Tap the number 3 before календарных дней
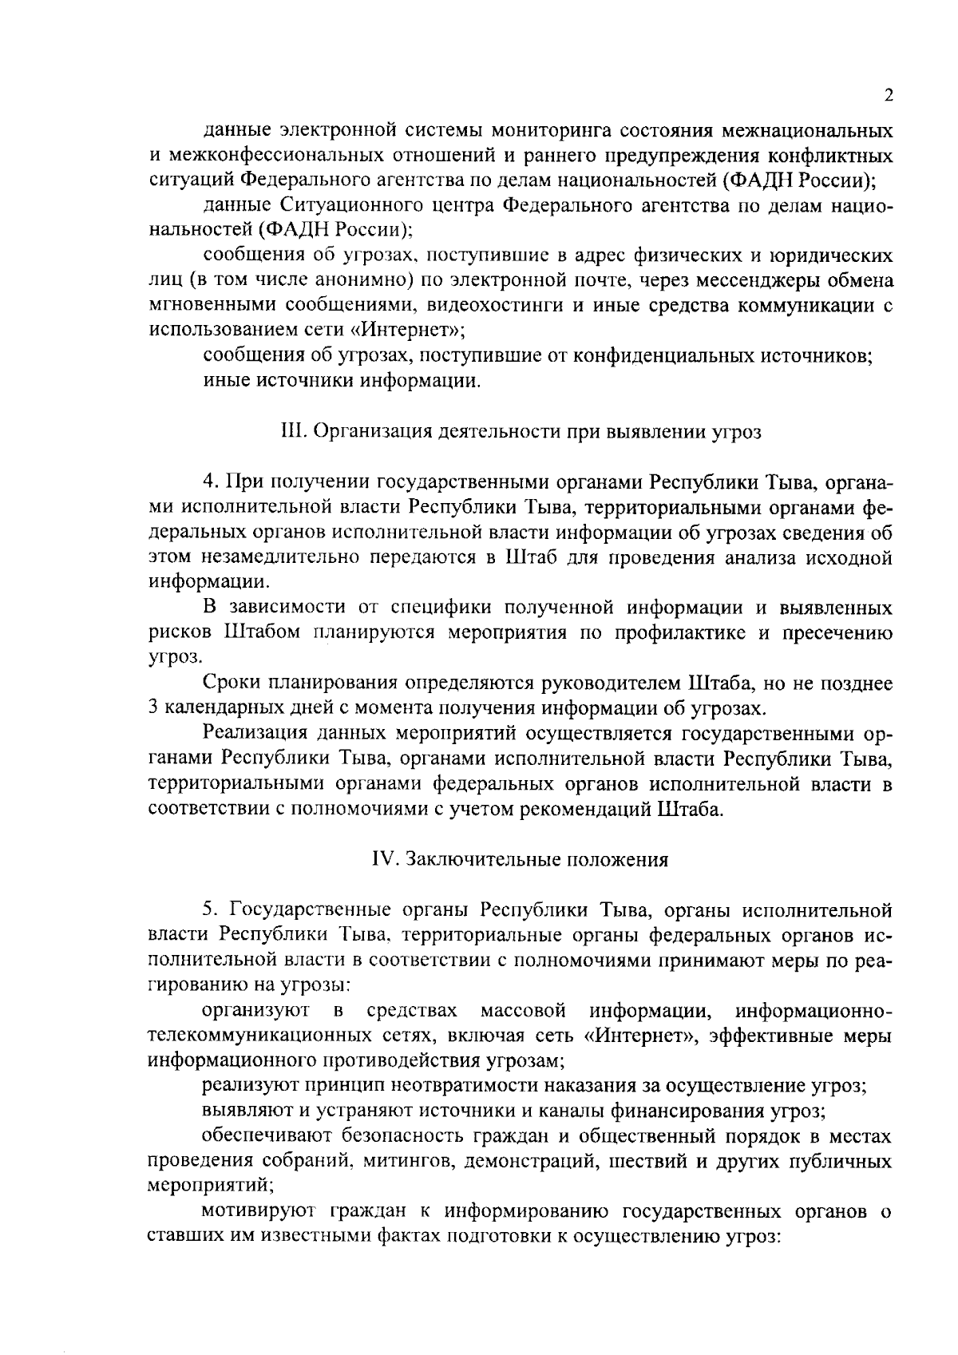155,707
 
